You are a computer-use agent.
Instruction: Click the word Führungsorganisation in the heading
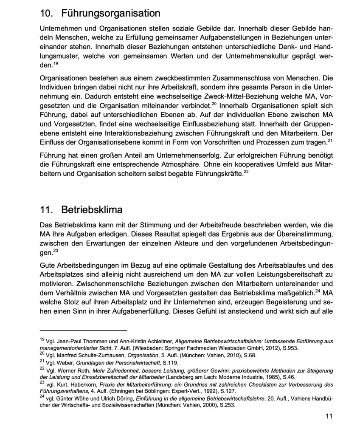click(111, 13)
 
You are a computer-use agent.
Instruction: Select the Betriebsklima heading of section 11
click(92, 210)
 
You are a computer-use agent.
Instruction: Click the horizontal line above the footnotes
click(83, 330)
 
